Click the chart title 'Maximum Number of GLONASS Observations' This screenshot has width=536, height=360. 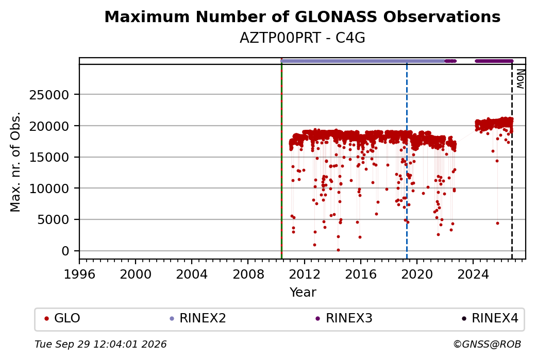[302, 16]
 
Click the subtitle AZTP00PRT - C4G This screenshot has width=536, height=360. [302, 38]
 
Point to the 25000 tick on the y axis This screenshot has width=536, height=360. [49, 95]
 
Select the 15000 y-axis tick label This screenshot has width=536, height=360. [49, 157]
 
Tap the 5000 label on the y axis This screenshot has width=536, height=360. [53, 219]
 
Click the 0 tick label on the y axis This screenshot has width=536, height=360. [65, 251]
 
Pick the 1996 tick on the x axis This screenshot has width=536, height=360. [79, 275]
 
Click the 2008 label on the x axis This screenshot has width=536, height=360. [248, 275]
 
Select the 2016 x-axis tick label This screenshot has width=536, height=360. [361, 275]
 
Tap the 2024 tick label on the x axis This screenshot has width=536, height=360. [473, 275]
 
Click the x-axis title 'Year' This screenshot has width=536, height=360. [303, 293]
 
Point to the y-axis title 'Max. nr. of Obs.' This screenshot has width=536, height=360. [15, 162]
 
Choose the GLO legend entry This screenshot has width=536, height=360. [62, 318]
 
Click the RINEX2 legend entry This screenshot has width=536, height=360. [198, 318]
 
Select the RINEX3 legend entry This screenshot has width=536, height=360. [344, 318]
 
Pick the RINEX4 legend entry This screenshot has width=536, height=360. [490, 318]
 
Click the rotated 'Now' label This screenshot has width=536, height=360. [520, 79]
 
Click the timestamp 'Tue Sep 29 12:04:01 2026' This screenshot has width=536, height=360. [100, 344]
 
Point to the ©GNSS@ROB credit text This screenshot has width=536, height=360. [488, 344]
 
